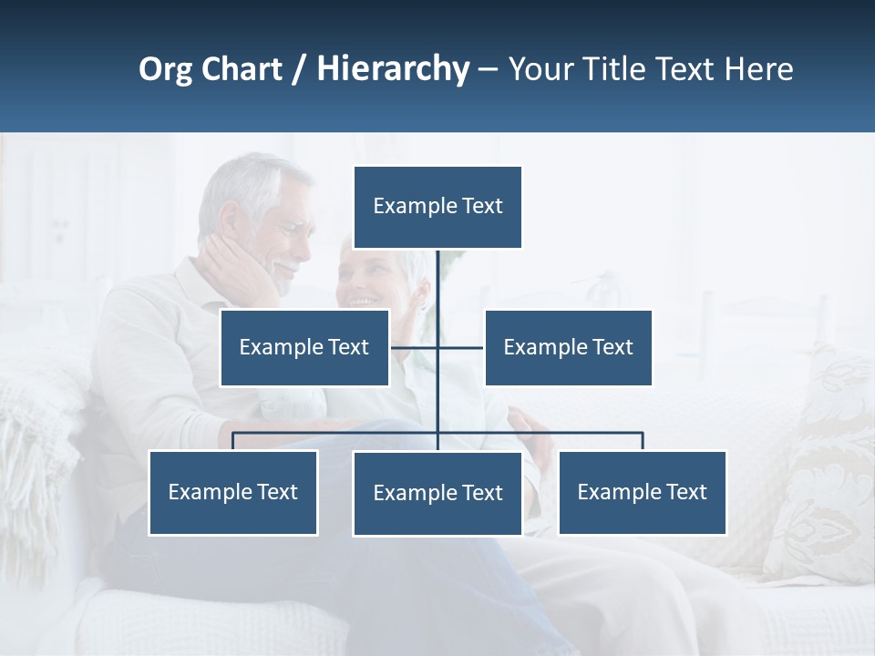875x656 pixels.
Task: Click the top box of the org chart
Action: pos(437,207)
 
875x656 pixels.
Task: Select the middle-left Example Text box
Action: pos(304,347)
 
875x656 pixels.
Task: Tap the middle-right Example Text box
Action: pos(568,347)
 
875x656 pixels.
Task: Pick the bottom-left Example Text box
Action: pos(233,492)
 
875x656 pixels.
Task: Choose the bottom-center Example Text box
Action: pos(437,493)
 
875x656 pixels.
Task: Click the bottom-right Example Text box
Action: pos(642,492)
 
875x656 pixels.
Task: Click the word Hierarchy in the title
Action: pos(393,69)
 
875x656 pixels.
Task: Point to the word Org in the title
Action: pos(165,69)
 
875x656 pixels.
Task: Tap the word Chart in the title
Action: pos(241,69)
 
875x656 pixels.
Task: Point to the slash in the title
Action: pos(299,69)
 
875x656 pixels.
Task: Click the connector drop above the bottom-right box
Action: pos(643,441)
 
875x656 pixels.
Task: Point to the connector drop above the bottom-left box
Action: pos(233,441)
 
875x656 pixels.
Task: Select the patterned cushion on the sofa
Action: pos(825,474)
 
